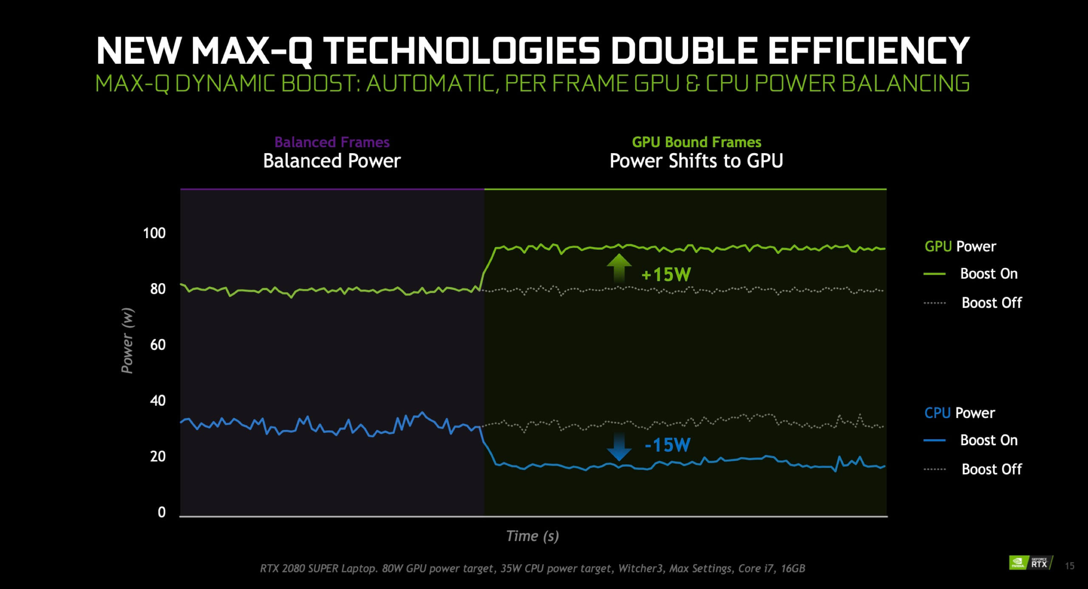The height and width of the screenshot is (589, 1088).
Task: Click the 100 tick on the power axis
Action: coord(154,233)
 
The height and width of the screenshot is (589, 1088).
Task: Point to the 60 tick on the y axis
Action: coord(158,344)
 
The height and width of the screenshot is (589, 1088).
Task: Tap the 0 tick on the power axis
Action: coord(161,512)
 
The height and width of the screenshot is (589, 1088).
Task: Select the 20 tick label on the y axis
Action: coord(158,456)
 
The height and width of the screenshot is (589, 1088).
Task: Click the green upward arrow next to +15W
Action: coord(619,268)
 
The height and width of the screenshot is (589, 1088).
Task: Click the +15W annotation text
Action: coord(666,275)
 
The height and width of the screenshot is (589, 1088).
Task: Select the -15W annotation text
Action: coord(667,445)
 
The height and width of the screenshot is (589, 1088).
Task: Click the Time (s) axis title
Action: coord(532,536)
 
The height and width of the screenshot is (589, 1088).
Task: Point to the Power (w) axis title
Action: coord(127,340)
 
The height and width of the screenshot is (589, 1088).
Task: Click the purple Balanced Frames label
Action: coord(332,142)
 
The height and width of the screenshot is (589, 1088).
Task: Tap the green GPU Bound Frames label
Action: coord(697,142)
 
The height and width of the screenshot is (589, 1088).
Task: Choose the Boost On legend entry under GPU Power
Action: coord(989,273)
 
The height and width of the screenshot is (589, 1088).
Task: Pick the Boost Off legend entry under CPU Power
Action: coord(991,469)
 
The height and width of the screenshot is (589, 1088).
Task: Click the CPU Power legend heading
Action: coord(959,413)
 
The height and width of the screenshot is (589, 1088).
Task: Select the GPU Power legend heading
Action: coord(960,246)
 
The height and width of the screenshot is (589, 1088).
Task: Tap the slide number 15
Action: coord(1069,566)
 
